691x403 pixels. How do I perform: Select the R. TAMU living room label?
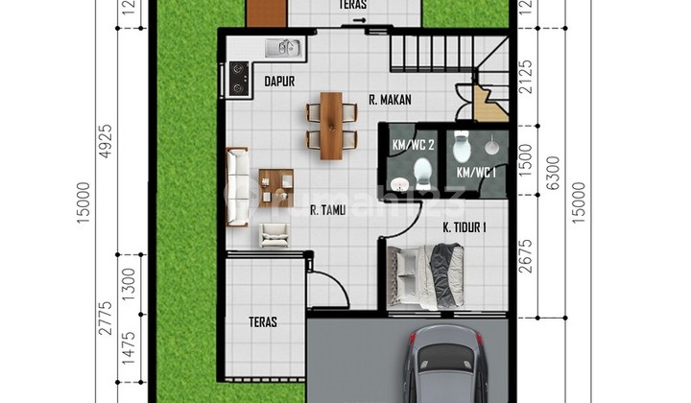[328, 213]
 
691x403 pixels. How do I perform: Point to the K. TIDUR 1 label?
[464, 227]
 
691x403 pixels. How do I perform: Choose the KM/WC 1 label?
[476, 172]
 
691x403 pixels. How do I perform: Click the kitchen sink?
[283, 46]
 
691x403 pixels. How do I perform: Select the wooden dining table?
[331, 125]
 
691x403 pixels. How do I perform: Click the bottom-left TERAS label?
[263, 322]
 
